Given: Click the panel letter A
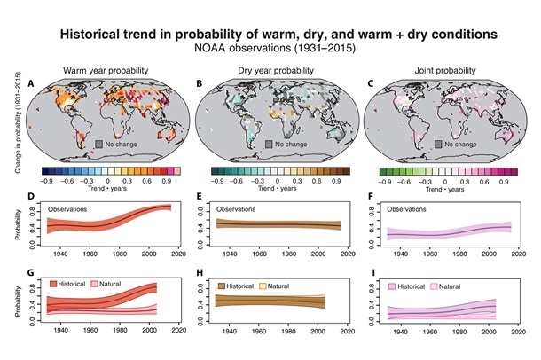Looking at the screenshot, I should click(33, 84).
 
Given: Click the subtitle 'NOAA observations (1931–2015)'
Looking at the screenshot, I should click(270, 50).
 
